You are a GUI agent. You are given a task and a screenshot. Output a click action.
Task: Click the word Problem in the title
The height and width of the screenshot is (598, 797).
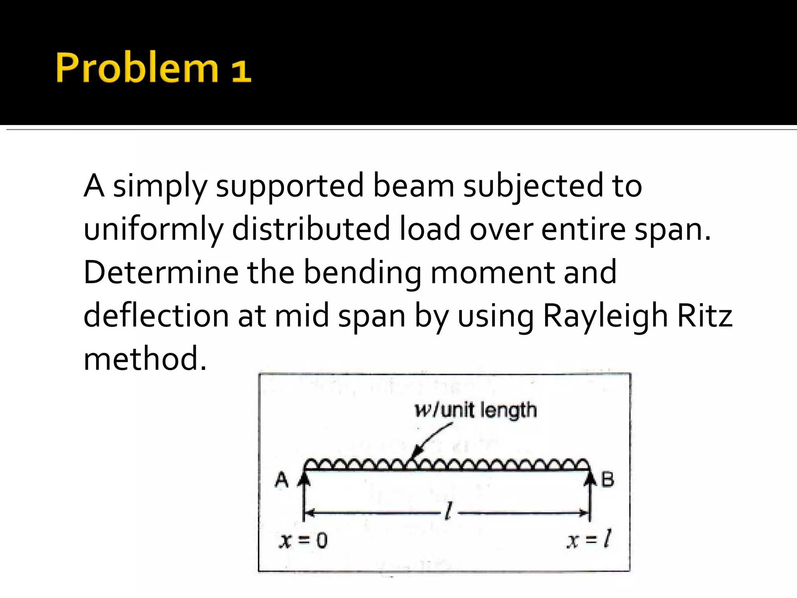(137, 68)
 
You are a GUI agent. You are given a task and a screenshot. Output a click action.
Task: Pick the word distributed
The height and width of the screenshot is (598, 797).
(311, 229)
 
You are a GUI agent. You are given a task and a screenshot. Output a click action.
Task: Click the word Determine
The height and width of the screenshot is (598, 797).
(161, 272)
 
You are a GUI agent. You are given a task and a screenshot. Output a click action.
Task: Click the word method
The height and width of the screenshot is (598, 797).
(145, 359)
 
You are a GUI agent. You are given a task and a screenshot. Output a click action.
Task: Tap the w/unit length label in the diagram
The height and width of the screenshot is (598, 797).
(476, 411)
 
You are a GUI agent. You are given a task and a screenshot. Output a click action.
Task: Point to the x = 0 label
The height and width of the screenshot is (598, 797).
(304, 540)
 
